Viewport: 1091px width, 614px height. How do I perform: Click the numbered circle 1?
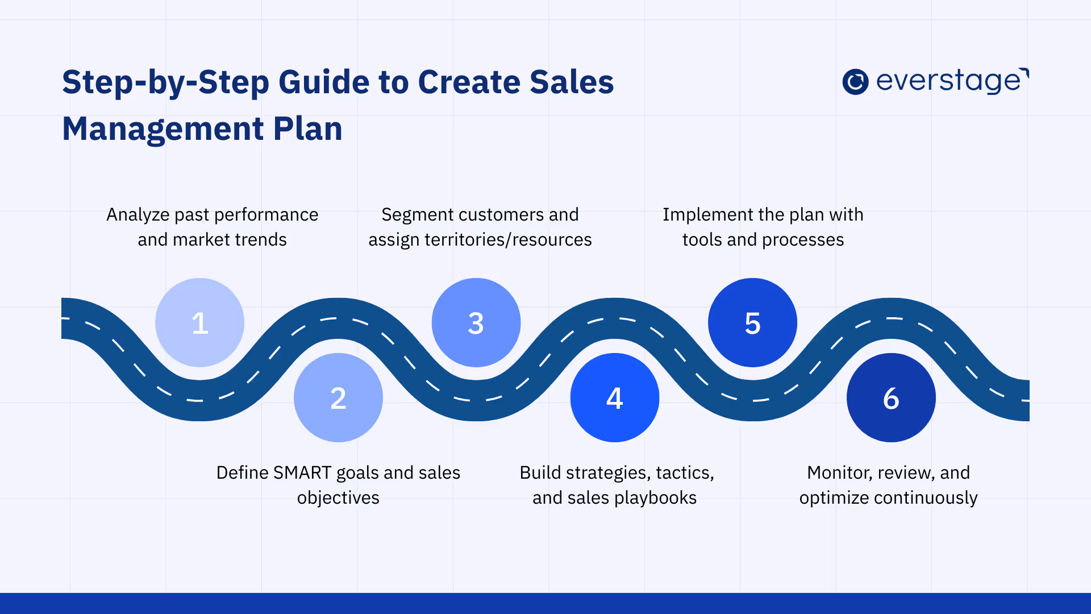click(x=199, y=322)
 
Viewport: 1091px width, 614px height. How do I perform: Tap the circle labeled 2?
click(x=338, y=397)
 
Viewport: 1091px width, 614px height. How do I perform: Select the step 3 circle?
click(x=476, y=322)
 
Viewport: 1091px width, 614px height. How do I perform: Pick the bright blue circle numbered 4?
click(x=615, y=397)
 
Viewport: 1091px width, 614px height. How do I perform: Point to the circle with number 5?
click(x=752, y=322)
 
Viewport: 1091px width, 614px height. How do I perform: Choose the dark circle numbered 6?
click(x=891, y=397)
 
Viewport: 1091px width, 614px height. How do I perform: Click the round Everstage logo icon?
click(x=855, y=82)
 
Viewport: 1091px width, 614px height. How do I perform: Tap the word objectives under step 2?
click(x=338, y=498)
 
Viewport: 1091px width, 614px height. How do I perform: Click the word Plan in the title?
click(x=308, y=129)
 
